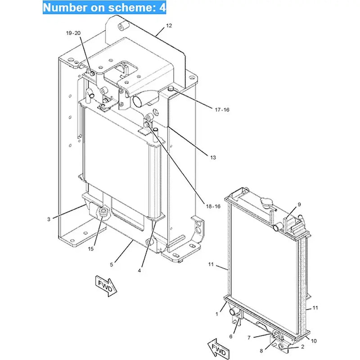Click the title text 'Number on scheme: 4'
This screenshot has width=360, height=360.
(x=104, y=8)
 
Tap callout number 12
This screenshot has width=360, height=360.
(x=169, y=26)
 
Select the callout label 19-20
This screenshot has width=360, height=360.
(x=73, y=33)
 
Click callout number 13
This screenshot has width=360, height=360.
(x=213, y=157)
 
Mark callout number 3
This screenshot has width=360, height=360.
(x=49, y=220)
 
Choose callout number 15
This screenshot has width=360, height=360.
(x=90, y=249)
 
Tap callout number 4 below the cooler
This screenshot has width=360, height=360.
(x=139, y=270)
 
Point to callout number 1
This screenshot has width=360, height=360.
(x=216, y=314)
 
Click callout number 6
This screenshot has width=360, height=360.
(x=231, y=336)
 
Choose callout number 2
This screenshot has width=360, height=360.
(x=302, y=347)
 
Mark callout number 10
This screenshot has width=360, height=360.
(x=314, y=341)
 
